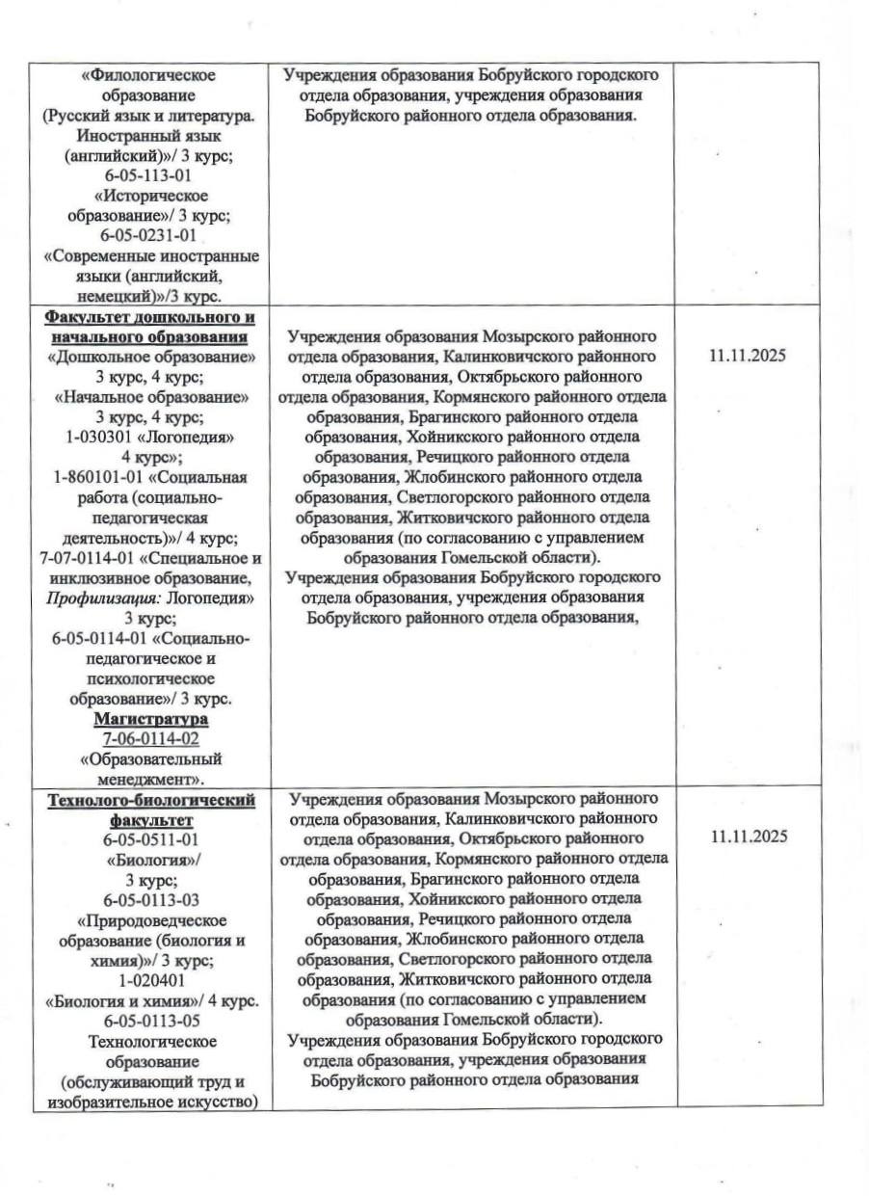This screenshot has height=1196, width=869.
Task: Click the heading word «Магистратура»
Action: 150,720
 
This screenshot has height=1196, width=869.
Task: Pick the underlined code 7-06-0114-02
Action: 150,739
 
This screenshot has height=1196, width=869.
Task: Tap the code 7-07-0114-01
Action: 92,558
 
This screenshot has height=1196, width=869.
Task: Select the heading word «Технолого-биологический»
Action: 151,801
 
